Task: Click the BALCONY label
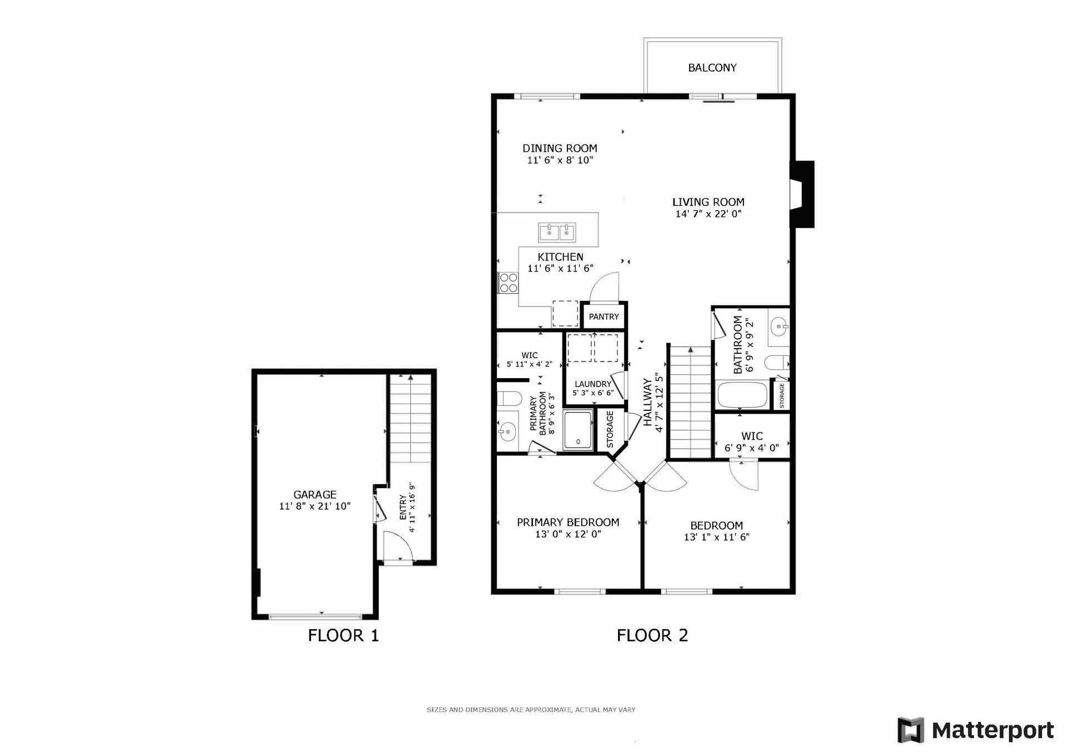712,68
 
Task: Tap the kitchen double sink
557,232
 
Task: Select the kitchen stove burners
508,283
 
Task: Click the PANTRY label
604,316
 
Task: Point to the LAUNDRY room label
592,384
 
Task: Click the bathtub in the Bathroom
742,395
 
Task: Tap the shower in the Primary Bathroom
578,430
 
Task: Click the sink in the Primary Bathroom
506,431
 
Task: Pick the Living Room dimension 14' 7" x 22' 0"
708,214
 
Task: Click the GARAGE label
315,495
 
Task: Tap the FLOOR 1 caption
344,635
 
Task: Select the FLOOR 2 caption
652,635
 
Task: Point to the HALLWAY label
647,402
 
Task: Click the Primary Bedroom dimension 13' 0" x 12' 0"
568,534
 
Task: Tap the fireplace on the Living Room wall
802,194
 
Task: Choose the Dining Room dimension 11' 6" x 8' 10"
560,160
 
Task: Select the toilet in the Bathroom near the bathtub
777,363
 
